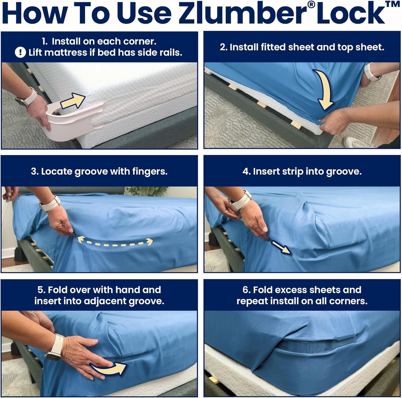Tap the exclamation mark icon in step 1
pyautogui.click(x=20, y=53)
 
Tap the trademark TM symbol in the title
pyautogui.click(x=394, y=4)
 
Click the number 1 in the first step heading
pyautogui.click(x=44, y=42)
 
